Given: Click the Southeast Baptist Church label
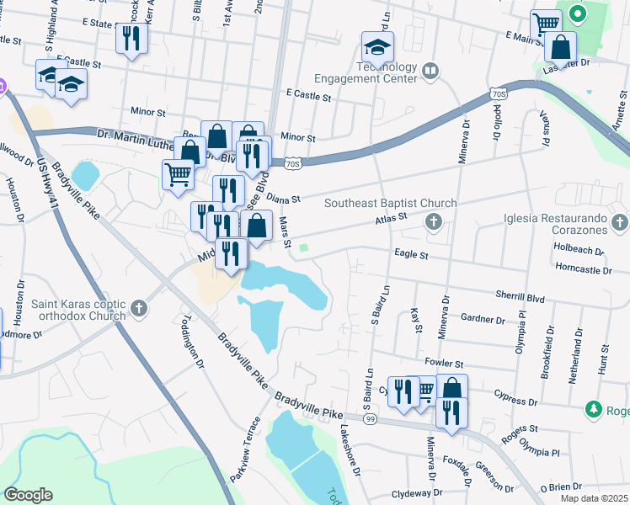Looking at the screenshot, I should pos(391,203).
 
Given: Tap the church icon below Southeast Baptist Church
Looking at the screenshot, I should pos(434,222).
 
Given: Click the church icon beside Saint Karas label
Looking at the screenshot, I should pos(140,310).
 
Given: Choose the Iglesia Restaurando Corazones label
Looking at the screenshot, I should pos(554,222).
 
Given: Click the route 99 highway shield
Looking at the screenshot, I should pos(370,418).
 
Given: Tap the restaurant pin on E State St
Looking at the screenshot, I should pos(131,38).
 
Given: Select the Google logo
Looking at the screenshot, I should pos(27,495).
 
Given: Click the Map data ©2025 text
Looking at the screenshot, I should pos(593,498).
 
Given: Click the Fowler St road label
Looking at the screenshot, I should pos(446,363).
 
